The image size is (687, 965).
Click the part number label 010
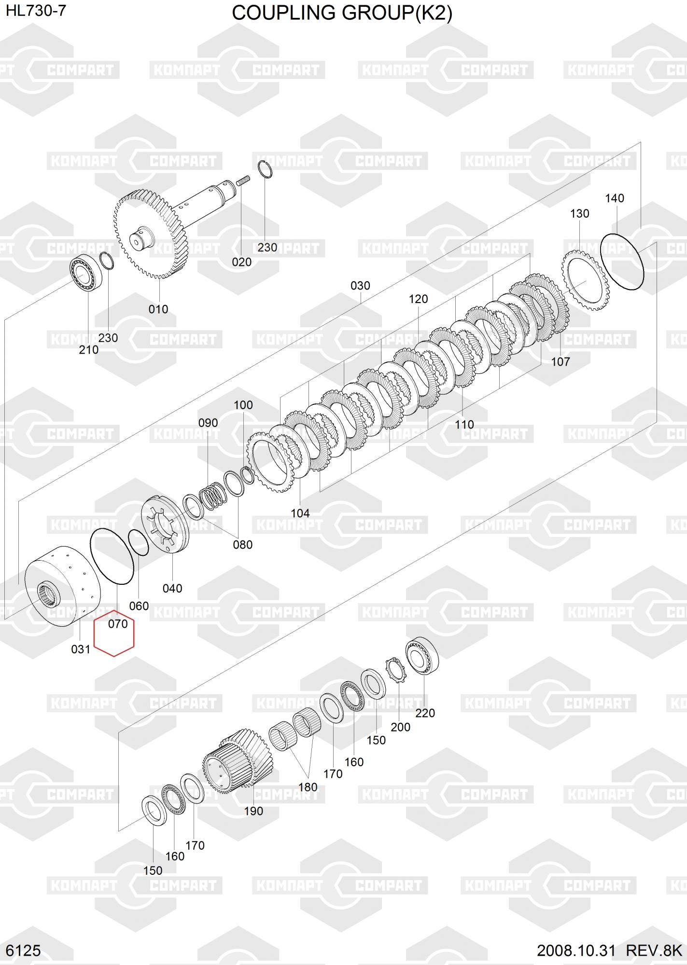[158, 309]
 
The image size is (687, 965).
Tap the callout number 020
[241, 262]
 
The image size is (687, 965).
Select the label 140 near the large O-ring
[614, 198]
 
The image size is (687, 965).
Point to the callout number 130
[579, 213]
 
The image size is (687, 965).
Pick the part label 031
[81, 649]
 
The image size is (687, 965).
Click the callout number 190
[253, 811]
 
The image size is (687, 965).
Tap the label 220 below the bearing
[425, 713]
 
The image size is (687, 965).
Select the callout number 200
[400, 727]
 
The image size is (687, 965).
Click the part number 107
[561, 361]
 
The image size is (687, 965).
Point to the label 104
[300, 513]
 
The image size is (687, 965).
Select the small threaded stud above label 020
[242, 182]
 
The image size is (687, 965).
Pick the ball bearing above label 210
[85, 273]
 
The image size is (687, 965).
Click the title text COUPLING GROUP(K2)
[342, 13]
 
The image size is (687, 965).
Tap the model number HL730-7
[36, 11]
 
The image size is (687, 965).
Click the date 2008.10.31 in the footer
[576, 951]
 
